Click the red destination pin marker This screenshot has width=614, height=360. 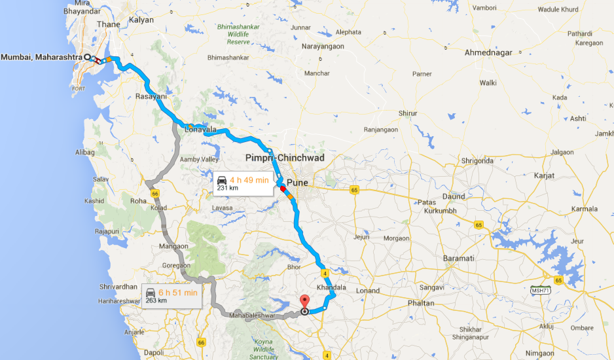tap(304, 302)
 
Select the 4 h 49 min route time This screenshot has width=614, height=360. tap(249, 180)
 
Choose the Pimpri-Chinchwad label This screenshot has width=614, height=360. tap(285, 158)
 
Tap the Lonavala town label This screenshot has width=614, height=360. tap(200, 130)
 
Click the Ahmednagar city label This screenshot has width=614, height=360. tap(488, 52)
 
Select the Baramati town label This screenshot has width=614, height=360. tap(458, 259)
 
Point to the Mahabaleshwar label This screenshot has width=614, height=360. tap(251, 316)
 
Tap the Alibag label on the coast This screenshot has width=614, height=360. tap(85, 152)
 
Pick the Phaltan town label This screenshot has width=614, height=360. tap(420, 303)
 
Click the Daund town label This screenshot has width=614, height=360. tap(454, 196)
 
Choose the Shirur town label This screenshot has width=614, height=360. tap(408, 113)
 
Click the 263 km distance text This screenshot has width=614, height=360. tap(156, 300)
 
